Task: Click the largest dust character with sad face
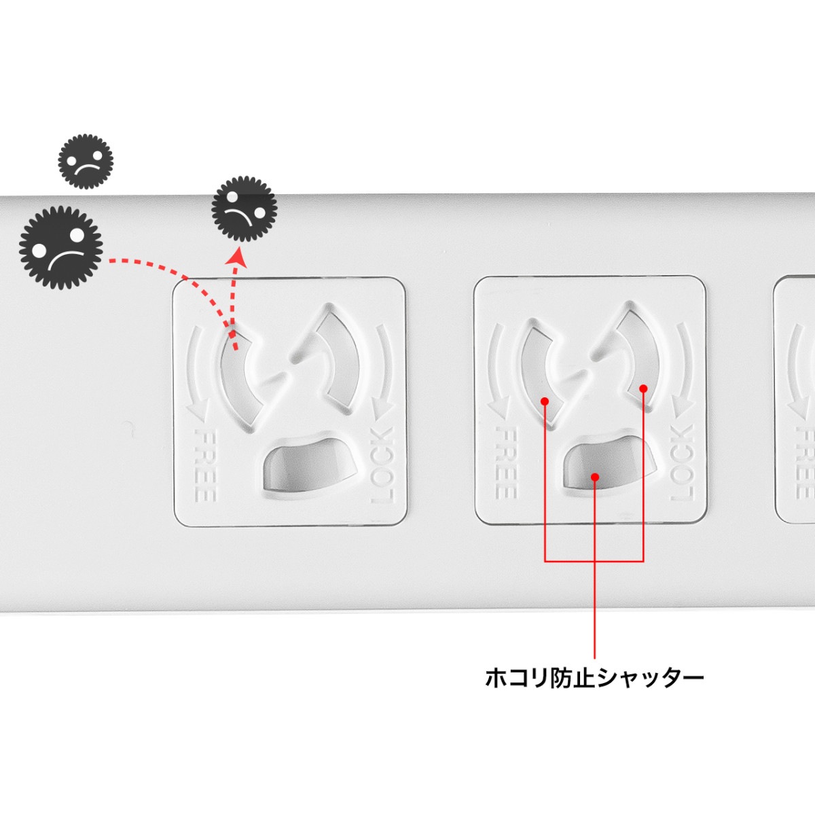(61, 248)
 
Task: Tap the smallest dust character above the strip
(86, 162)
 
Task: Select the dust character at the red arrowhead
(244, 209)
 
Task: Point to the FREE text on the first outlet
(206, 465)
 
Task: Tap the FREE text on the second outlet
(505, 463)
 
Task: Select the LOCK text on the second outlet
(682, 463)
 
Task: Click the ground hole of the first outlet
(310, 465)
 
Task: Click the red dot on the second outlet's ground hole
(595, 477)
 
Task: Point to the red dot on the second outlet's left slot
(545, 401)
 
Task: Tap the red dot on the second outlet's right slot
(643, 388)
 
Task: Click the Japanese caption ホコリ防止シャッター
(594, 677)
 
